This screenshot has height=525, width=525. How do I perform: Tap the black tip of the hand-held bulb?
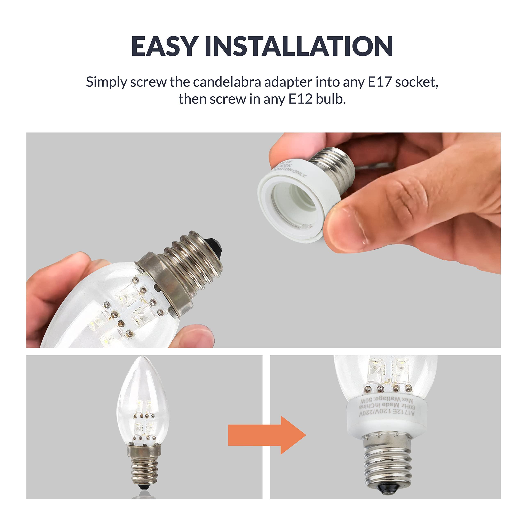[215, 246]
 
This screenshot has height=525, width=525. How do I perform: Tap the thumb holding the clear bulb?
[193, 336]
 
